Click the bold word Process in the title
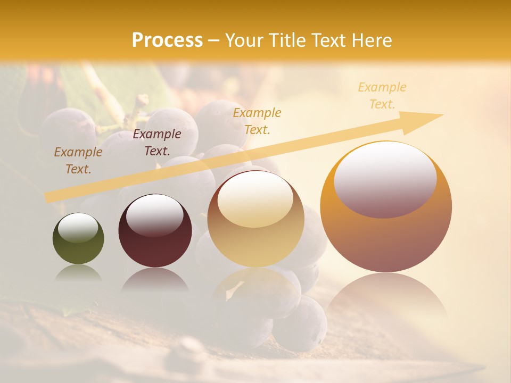point(167,40)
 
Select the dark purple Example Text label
point(157,143)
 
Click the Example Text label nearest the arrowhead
point(382,96)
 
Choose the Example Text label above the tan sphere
point(257,121)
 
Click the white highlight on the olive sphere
point(78,227)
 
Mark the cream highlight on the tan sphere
point(256,198)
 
